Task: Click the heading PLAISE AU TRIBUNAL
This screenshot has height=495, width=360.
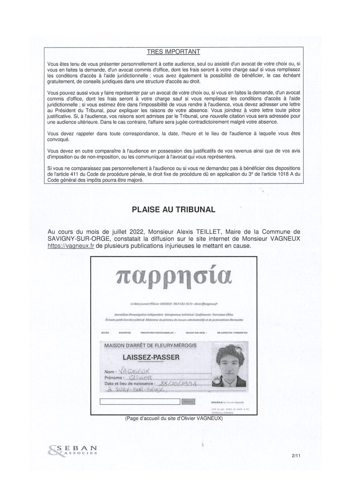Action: (173, 209)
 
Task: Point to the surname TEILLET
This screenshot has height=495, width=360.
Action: (212, 232)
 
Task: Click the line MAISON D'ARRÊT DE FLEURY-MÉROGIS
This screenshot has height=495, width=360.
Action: (151, 345)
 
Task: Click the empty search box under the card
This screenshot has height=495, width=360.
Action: (140, 402)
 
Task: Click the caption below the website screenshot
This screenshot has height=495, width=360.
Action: (174, 418)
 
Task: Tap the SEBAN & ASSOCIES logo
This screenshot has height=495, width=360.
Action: (71, 451)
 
